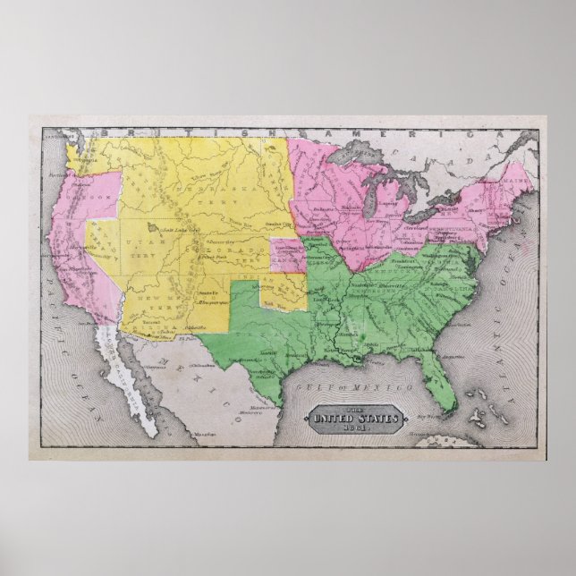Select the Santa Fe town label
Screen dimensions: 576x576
pyautogui.click(x=205, y=293)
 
